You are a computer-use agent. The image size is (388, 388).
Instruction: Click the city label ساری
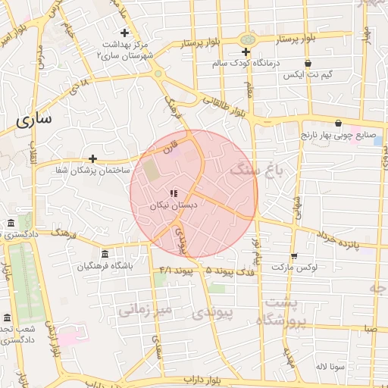[x=35, y=120]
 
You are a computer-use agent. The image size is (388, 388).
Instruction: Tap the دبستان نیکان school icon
[x=174, y=194]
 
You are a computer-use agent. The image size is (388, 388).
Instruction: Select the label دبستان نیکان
[x=174, y=205]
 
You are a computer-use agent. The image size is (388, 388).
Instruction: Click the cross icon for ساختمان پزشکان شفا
[x=92, y=159]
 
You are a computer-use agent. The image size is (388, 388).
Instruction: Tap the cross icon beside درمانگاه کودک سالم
[x=246, y=52]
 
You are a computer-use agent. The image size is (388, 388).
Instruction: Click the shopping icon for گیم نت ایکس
[x=308, y=64]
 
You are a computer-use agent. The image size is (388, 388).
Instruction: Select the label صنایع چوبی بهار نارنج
[x=337, y=134]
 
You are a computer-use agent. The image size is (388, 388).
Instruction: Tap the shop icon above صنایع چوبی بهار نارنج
[x=337, y=124]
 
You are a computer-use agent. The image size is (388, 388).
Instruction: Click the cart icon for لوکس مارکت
[x=294, y=256]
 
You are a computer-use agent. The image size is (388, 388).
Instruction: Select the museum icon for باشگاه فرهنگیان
[x=104, y=254]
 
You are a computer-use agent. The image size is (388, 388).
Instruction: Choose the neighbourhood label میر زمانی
[x=145, y=309]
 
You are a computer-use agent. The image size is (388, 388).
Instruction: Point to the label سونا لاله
[x=333, y=367]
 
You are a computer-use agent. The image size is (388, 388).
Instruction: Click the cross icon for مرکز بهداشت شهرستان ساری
[x=124, y=33]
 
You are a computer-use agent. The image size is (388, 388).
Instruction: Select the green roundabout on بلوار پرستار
[x=248, y=39]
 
